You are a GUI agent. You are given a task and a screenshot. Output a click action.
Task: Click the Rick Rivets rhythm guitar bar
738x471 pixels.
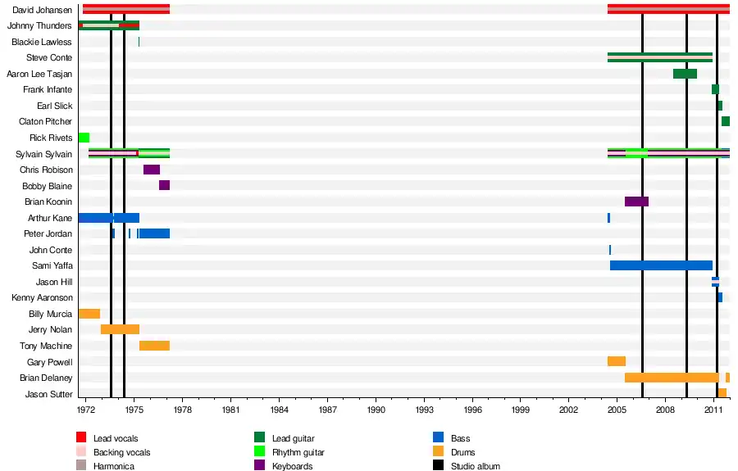pos(84,138)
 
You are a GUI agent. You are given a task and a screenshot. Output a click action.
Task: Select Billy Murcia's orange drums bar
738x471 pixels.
pos(89,314)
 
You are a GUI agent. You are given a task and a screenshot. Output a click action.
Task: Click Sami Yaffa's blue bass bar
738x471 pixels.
pos(661,265)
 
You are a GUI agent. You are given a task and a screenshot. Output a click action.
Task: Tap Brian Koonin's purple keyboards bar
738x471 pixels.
pos(636,202)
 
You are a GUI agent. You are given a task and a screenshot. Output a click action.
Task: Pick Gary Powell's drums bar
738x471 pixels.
pos(617,361)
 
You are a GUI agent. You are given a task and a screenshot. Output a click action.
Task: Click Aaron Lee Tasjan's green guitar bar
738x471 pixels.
pos(685,74)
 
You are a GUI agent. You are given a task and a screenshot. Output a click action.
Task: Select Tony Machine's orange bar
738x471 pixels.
pos(154,346)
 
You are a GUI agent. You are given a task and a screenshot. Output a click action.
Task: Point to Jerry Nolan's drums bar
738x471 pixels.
pos(120,329)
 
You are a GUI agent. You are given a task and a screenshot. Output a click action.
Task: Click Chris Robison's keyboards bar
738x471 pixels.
pos(152,170)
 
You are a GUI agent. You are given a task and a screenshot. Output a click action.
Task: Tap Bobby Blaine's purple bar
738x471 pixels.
pos(164,185)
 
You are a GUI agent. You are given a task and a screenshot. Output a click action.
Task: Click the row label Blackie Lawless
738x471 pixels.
pos(42,42)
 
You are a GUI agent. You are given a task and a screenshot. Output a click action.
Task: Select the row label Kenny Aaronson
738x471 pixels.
pos(42,298)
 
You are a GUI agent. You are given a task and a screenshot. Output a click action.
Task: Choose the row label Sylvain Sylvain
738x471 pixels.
pos(44,154)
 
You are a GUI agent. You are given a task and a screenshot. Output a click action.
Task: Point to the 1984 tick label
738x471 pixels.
pos(280,409)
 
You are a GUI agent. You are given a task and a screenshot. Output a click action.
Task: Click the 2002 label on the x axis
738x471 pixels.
pos(568,409)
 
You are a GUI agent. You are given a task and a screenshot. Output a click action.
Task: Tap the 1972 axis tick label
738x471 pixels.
pos(86,409)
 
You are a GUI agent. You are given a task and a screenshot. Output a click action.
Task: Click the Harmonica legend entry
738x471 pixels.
pos(113,466)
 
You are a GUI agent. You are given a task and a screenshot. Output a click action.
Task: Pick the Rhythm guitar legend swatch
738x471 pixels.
pos(260,452)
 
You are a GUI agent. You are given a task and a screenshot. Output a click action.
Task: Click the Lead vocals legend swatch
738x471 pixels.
pos(81,439)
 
